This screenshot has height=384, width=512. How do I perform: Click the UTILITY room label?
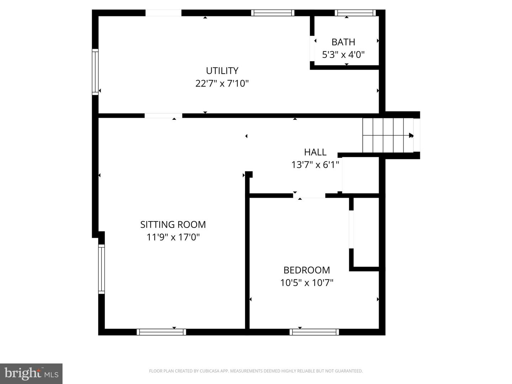[222, 70]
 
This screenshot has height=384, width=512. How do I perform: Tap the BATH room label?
[343, 42]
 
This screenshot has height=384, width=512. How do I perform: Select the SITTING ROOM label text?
[173, 224]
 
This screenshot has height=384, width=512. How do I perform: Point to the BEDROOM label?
[306, 270]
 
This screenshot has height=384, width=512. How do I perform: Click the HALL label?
[315, 152]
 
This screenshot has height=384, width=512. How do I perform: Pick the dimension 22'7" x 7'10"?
[222, 84]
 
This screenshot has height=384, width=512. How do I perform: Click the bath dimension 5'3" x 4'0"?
[343, 55]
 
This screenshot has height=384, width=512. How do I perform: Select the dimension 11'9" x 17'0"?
[173, 237]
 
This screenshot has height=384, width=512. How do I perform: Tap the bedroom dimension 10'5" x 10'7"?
[306, 283]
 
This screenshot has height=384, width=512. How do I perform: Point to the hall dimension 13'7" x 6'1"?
[315, 165]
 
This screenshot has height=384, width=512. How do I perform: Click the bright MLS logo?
[31, 373]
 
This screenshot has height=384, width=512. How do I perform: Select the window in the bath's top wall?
[355, 13]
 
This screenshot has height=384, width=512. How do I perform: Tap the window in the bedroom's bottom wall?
[314, 332]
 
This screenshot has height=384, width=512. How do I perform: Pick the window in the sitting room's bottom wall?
[161, 332]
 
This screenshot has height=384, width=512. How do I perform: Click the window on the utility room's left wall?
[95, 71]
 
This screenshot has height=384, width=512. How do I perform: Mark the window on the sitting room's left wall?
[101, 269]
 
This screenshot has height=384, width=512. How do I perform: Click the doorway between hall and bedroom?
[309, 196]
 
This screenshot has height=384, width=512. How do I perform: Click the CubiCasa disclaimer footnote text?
[256, 371]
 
